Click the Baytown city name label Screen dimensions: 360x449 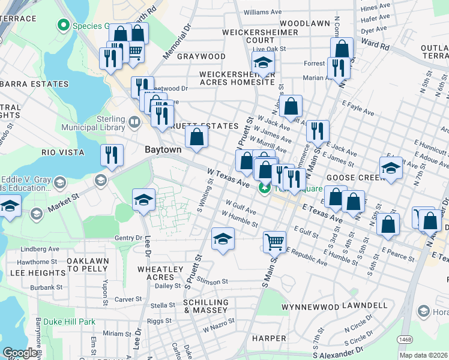point(163,149)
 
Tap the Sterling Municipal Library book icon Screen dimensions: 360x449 point(135,123)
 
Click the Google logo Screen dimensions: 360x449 point(20,353)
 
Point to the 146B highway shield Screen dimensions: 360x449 point(405,340)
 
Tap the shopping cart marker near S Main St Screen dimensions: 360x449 point(274,242)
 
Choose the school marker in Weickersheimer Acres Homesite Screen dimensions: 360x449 point(262,62)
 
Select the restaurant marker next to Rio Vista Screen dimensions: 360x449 point(111,155)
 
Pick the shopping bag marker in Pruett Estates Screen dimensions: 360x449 point(196,137)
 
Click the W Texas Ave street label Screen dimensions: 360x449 point(228,176)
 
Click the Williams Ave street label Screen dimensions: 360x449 point(262,12)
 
